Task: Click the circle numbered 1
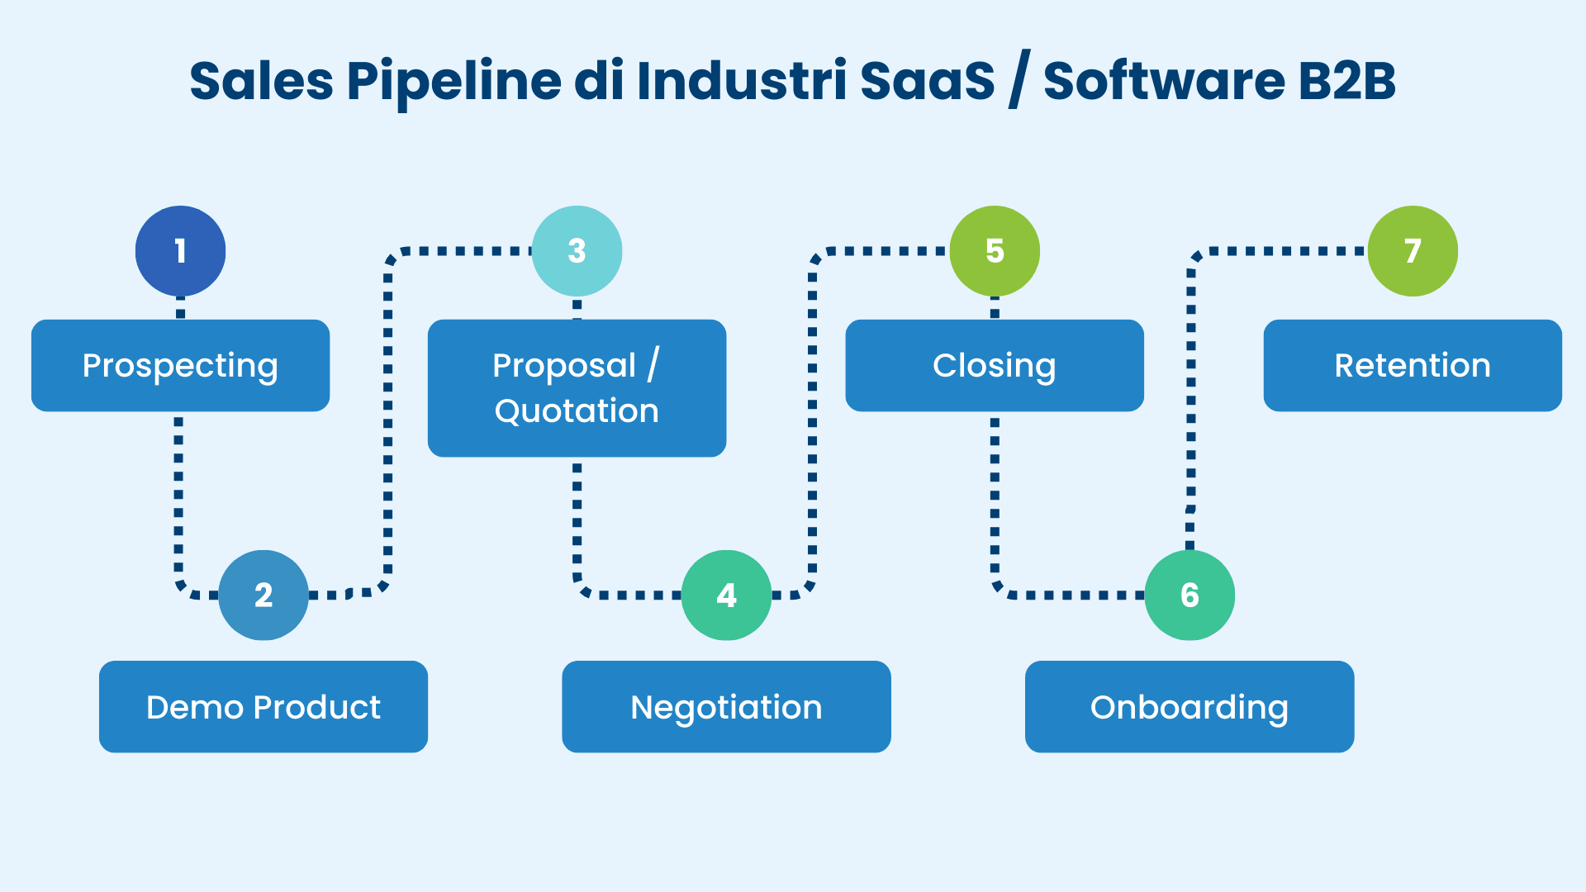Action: point(180,251)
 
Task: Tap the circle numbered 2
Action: point(264,595)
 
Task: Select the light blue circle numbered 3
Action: point(577,251)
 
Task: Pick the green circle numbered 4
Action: point(726,595)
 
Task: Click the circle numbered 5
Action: point(995,251)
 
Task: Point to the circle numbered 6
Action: point(1189,595)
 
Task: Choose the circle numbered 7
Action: point(1413,251)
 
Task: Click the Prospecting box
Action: point(180,365)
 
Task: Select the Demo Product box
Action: point(264,706)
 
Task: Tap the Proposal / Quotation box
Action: point(577,387)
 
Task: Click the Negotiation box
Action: point(726,706)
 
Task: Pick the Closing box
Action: point(995,365)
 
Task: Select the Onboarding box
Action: point(1189,706)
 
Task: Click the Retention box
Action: point(1413,365)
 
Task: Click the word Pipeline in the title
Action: point(453,82)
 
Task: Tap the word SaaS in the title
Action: point(927,82)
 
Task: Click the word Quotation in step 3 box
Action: point(577,410)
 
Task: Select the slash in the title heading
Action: point(1019,80)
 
